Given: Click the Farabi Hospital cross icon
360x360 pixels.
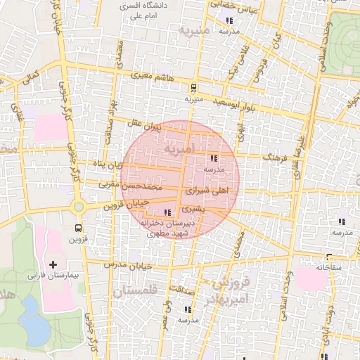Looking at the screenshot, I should (x=53, y=264).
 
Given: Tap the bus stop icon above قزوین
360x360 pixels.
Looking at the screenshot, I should (x=77, y=228).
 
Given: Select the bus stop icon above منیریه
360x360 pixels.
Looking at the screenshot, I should (x=193, y=87).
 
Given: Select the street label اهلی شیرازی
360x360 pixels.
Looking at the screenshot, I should (x=210, y=191).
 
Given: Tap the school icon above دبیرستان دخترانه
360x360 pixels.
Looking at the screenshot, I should (x=167, y=212).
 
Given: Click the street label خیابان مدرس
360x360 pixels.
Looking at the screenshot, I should (x=129, y=266).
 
